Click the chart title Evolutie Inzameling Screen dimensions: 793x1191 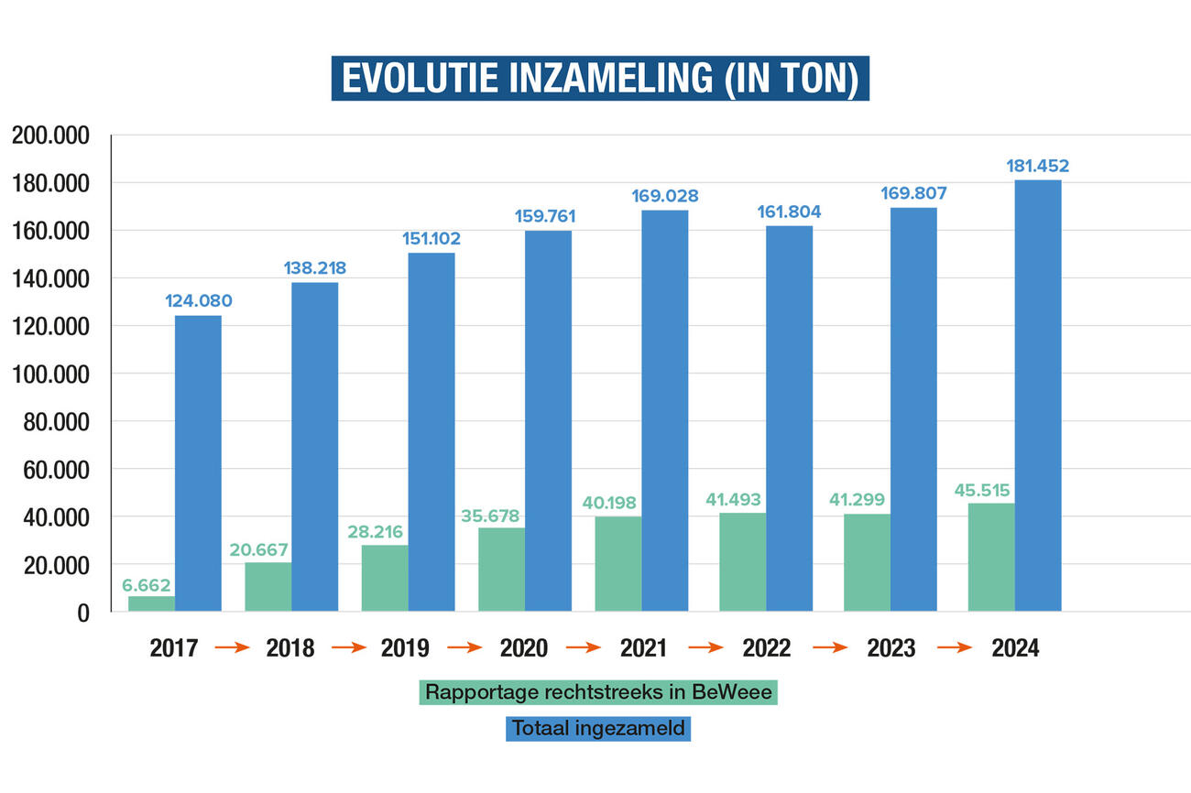point(600,79)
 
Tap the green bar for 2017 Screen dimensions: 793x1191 point(151,603)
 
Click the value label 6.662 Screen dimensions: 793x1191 point(147,585)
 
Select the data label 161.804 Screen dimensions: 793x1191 point(789,212)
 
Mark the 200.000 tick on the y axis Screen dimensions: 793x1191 point(50,136)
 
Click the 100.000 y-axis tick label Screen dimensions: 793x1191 point(50,375)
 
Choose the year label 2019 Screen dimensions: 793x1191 point(406,648)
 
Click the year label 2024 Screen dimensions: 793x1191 point(1015,648)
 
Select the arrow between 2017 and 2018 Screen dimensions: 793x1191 point(232,647)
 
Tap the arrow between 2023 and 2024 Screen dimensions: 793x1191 point(955,647)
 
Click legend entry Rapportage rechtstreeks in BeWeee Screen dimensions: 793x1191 point(598,692)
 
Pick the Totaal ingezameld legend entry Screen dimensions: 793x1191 point(598,729)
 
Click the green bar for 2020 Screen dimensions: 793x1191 point(501,569)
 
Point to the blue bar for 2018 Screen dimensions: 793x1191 point(314,447)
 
